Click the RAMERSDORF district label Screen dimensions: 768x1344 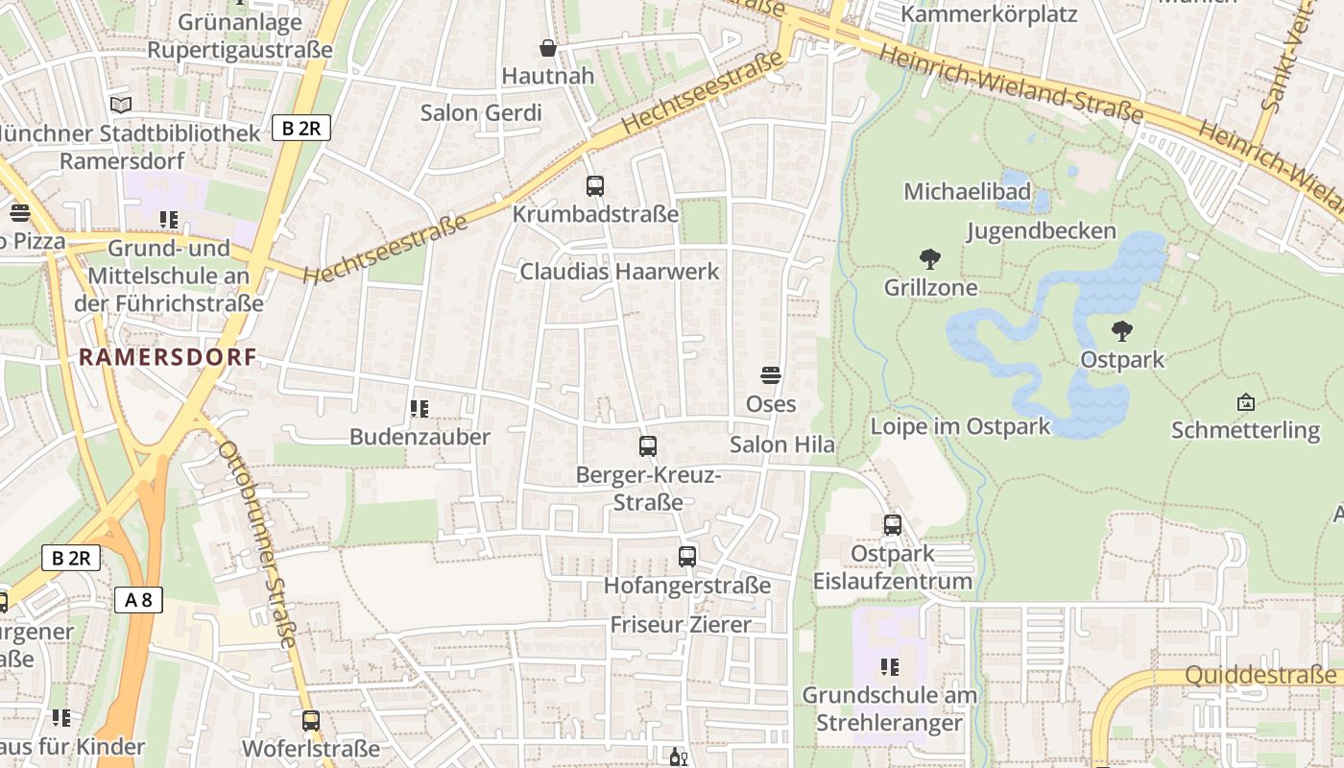pyautogui.click(x=168, y=357)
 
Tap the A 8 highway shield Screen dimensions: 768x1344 pyautogui.click(x=139, y=601)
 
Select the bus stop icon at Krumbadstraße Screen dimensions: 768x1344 pyautogui.click(x=595, y=186)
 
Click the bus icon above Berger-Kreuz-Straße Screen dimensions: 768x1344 pyautogui.click(x=648, y=446)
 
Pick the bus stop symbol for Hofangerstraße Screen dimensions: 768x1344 pyautogui.click(x=686, y=557)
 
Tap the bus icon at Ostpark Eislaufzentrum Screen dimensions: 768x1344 pyautogui.click(x=892, y=525)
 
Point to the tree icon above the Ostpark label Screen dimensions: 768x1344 pyautogui.click(x=1121, y=332)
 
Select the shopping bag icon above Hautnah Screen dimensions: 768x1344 pyautogui.click(x=548, y=48)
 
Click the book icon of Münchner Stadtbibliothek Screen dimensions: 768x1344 pyautogui.click(x=120, y=105)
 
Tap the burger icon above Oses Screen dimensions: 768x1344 pyautogui.click(x=771, y=374)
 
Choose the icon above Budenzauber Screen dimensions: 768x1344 pyautogui.click(x=419, y=409)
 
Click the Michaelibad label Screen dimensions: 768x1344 pyautogui.click(x=967, y=192)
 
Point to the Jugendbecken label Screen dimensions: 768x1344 pyautogui.click(x=1041, y=231)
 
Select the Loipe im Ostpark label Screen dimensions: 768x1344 pyautogui.click(x=960, y=426)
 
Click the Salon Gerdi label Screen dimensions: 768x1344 pyautogui.click(x=481, y=112)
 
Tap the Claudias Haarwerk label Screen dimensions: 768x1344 pyautogui.click(x=619, y=272)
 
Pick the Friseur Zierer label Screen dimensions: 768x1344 pyautogui.click(x=681, y=625)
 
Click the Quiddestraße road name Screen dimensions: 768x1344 pyautogui.click(x=1260, y=676)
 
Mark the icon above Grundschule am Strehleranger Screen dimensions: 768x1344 pyautogui.click(x=890, y=666)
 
